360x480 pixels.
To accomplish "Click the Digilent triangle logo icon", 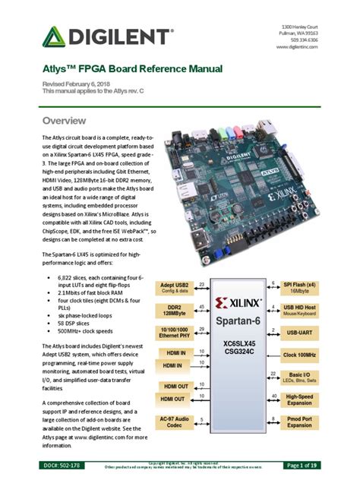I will [55, 37].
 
